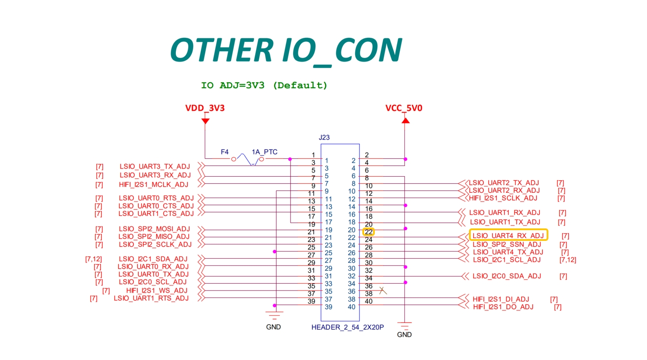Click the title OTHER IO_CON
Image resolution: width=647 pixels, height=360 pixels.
[286, 51]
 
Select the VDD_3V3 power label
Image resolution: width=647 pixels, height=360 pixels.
[205, 108]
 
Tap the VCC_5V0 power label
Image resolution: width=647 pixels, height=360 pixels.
[404, 108]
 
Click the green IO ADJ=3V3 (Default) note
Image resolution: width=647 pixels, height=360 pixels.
[264, 86]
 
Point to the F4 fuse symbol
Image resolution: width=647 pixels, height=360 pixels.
[248, 159]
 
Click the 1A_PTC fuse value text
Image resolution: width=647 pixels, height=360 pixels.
[264, 152]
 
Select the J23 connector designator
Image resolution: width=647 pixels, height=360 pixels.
[324, 137]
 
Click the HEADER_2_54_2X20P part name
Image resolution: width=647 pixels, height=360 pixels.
[348, 327]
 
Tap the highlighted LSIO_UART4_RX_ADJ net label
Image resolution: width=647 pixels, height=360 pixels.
[508, 236]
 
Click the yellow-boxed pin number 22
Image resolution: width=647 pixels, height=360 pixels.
[369, 232]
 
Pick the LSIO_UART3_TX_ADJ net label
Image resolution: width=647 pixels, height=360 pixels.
[155, 166]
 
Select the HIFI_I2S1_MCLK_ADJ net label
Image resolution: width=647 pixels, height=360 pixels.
[153, 185]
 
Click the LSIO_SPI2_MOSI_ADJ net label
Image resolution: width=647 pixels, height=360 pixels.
[154, 229]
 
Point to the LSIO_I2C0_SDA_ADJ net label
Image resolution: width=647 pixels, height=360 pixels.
[506, 276]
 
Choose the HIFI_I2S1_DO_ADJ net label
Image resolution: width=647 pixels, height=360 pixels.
[503, 307]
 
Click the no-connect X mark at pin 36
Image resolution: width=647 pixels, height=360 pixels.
[383, 290]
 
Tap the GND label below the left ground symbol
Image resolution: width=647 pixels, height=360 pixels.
[273, 327]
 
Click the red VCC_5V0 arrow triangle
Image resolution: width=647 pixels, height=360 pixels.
[406, 120]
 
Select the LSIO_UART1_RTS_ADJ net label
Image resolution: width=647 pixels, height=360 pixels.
[151, 298]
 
